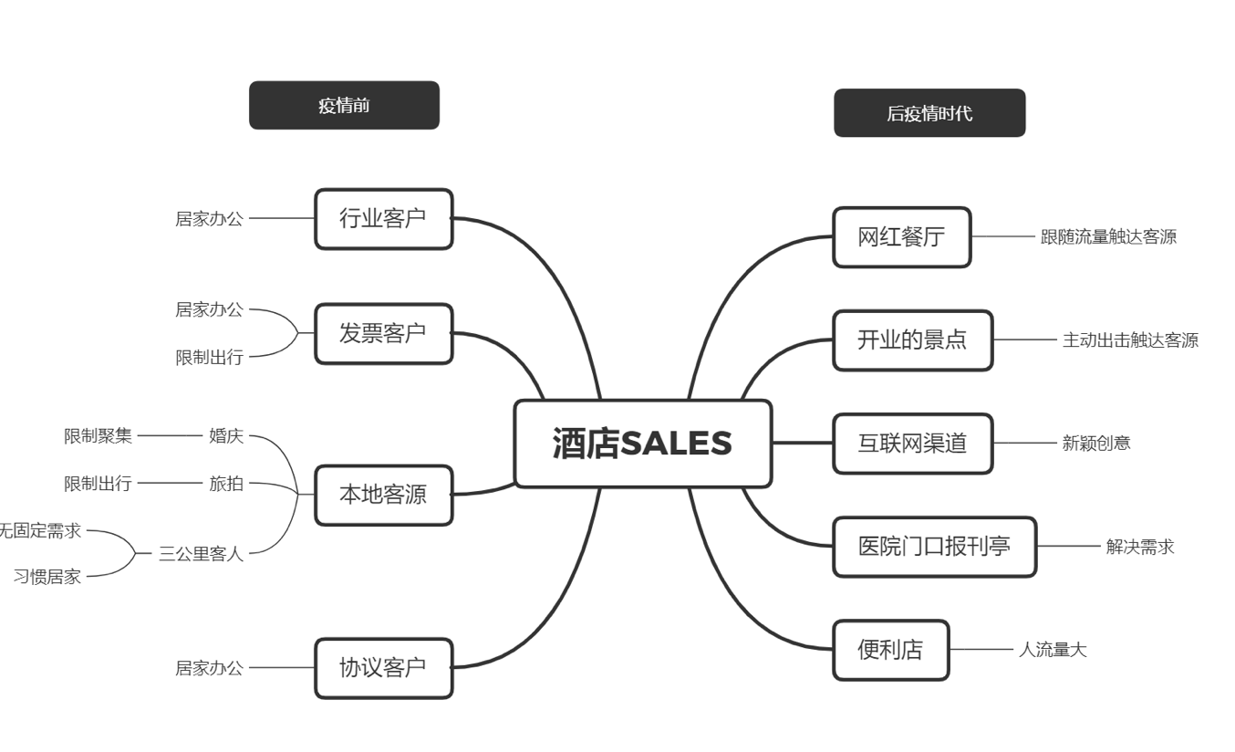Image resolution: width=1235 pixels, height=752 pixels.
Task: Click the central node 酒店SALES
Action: click(642, 444)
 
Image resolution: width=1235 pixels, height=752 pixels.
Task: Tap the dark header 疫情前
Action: click(344, 105)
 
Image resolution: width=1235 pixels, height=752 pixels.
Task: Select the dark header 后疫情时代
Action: click(929, 113)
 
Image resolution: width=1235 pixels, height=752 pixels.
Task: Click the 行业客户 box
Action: click(383, 219)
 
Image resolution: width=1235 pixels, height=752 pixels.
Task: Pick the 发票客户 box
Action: click(383, 334)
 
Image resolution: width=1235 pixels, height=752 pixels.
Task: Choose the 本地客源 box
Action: click(383, 496)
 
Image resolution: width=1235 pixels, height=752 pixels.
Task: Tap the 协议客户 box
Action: click(383, 668)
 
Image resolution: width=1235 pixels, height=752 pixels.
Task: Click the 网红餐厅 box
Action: click(901, 237)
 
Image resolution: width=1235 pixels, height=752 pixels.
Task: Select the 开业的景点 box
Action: click(912, 340)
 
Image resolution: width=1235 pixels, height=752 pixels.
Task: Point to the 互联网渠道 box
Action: click(912, 444)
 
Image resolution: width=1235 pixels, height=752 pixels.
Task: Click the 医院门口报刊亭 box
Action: click(934, 547)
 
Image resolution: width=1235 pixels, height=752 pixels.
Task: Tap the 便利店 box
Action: click(890, 650)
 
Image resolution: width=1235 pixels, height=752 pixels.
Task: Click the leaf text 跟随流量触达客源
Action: click(1108, 237)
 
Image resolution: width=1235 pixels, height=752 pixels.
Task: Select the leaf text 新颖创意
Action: click(1096, 444)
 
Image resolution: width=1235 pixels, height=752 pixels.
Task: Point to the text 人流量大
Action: click(1053, 650)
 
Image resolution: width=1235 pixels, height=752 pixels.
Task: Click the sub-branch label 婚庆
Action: click(226, 436)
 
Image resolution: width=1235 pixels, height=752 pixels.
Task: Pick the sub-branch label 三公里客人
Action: click(201, 553)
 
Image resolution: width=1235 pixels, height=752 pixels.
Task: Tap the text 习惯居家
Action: click(47, 577)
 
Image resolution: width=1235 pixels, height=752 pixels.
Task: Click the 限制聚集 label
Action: click(98, 436)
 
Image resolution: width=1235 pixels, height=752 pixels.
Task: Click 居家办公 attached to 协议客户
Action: click(209, 668)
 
